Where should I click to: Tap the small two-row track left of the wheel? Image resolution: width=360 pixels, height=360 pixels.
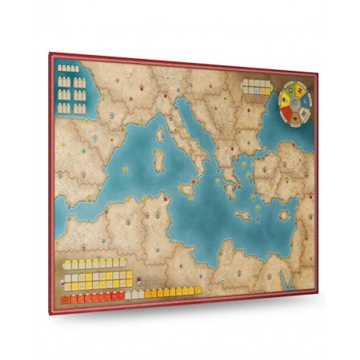point(256,85)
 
